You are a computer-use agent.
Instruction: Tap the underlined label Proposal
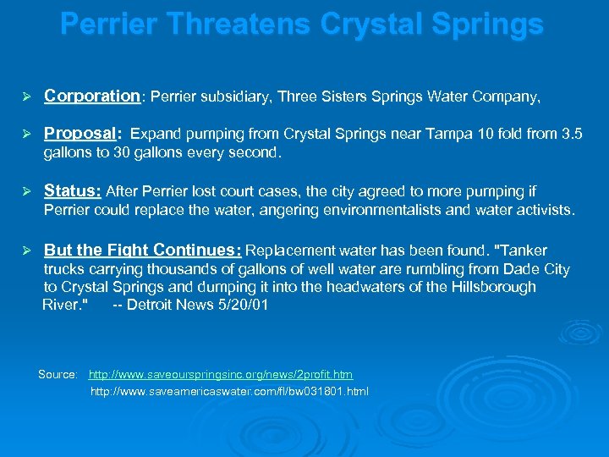click(80, 134)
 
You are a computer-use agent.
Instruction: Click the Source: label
click(58, 374)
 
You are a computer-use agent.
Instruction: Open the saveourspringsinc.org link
click(221, 374)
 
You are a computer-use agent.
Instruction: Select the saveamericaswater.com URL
click(229, 392)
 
